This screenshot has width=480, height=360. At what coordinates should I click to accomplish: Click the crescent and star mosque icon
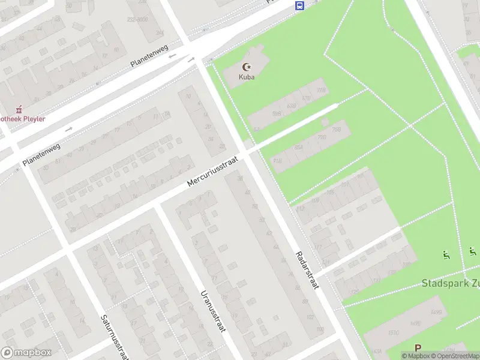tap(245, 67)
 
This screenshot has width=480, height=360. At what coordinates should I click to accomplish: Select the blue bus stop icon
tap(299, 6)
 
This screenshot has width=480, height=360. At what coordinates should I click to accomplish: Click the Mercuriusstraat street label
tap(212, 171)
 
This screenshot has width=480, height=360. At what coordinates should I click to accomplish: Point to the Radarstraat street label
tap(307, 270)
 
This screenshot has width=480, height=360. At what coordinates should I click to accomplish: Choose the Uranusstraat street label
tap(211, 311)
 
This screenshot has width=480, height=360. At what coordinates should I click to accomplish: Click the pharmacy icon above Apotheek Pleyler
tap(19, 109)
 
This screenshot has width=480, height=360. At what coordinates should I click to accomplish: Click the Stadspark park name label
tap(450, 283)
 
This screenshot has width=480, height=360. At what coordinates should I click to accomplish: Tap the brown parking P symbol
tap(418, 348)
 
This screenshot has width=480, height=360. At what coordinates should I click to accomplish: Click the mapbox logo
tap(26, 353)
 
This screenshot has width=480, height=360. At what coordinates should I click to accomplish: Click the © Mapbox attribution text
tap(415, 356)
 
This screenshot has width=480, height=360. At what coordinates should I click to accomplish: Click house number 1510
tap(393, 334)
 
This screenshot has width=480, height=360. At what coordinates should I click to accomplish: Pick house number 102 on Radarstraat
tap(310, 317)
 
